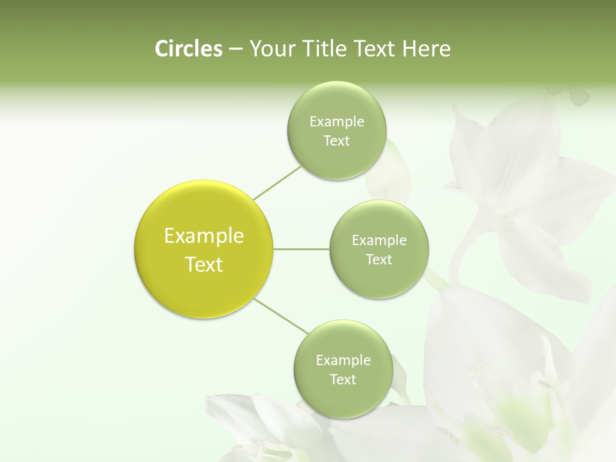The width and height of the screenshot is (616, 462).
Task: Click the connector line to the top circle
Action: [277, 183]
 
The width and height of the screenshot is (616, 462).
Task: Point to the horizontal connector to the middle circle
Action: [302, 249]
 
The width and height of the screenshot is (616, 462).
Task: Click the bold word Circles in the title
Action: [188, 49]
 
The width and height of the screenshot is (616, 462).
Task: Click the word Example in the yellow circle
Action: [204, 236]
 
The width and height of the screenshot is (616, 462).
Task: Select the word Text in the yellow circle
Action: [204, 264]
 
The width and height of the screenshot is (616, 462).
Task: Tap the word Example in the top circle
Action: [336, 122]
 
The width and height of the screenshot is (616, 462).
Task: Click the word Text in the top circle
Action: [336, 141]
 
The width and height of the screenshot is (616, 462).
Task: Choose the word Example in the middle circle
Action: [379, 241]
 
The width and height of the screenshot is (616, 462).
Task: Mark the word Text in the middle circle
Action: [379, 260]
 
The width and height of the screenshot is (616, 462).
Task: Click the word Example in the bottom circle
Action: [343, 361]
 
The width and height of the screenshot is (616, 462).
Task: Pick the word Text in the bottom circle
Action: [343, 380]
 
